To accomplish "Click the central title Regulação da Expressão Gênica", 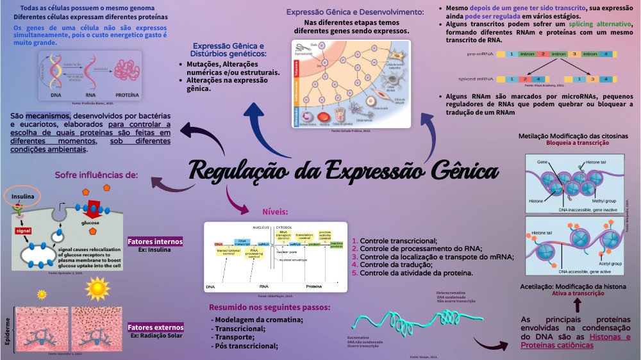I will point(344,171).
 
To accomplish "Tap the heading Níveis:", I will point(275,211).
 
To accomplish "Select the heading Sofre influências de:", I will point(96,174).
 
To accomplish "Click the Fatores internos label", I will point(155,241).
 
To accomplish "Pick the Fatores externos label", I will point(156,327).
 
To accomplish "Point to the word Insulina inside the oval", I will point(22,196).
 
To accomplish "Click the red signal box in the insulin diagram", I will point(24,230).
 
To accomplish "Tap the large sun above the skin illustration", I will point(97,290).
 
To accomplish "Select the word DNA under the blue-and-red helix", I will point(55,94).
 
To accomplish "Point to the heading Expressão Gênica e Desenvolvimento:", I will point(355,12).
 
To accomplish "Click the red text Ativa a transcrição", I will point(578,293).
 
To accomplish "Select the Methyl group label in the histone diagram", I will point(603,200).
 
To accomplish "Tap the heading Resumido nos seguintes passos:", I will point(269,307).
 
